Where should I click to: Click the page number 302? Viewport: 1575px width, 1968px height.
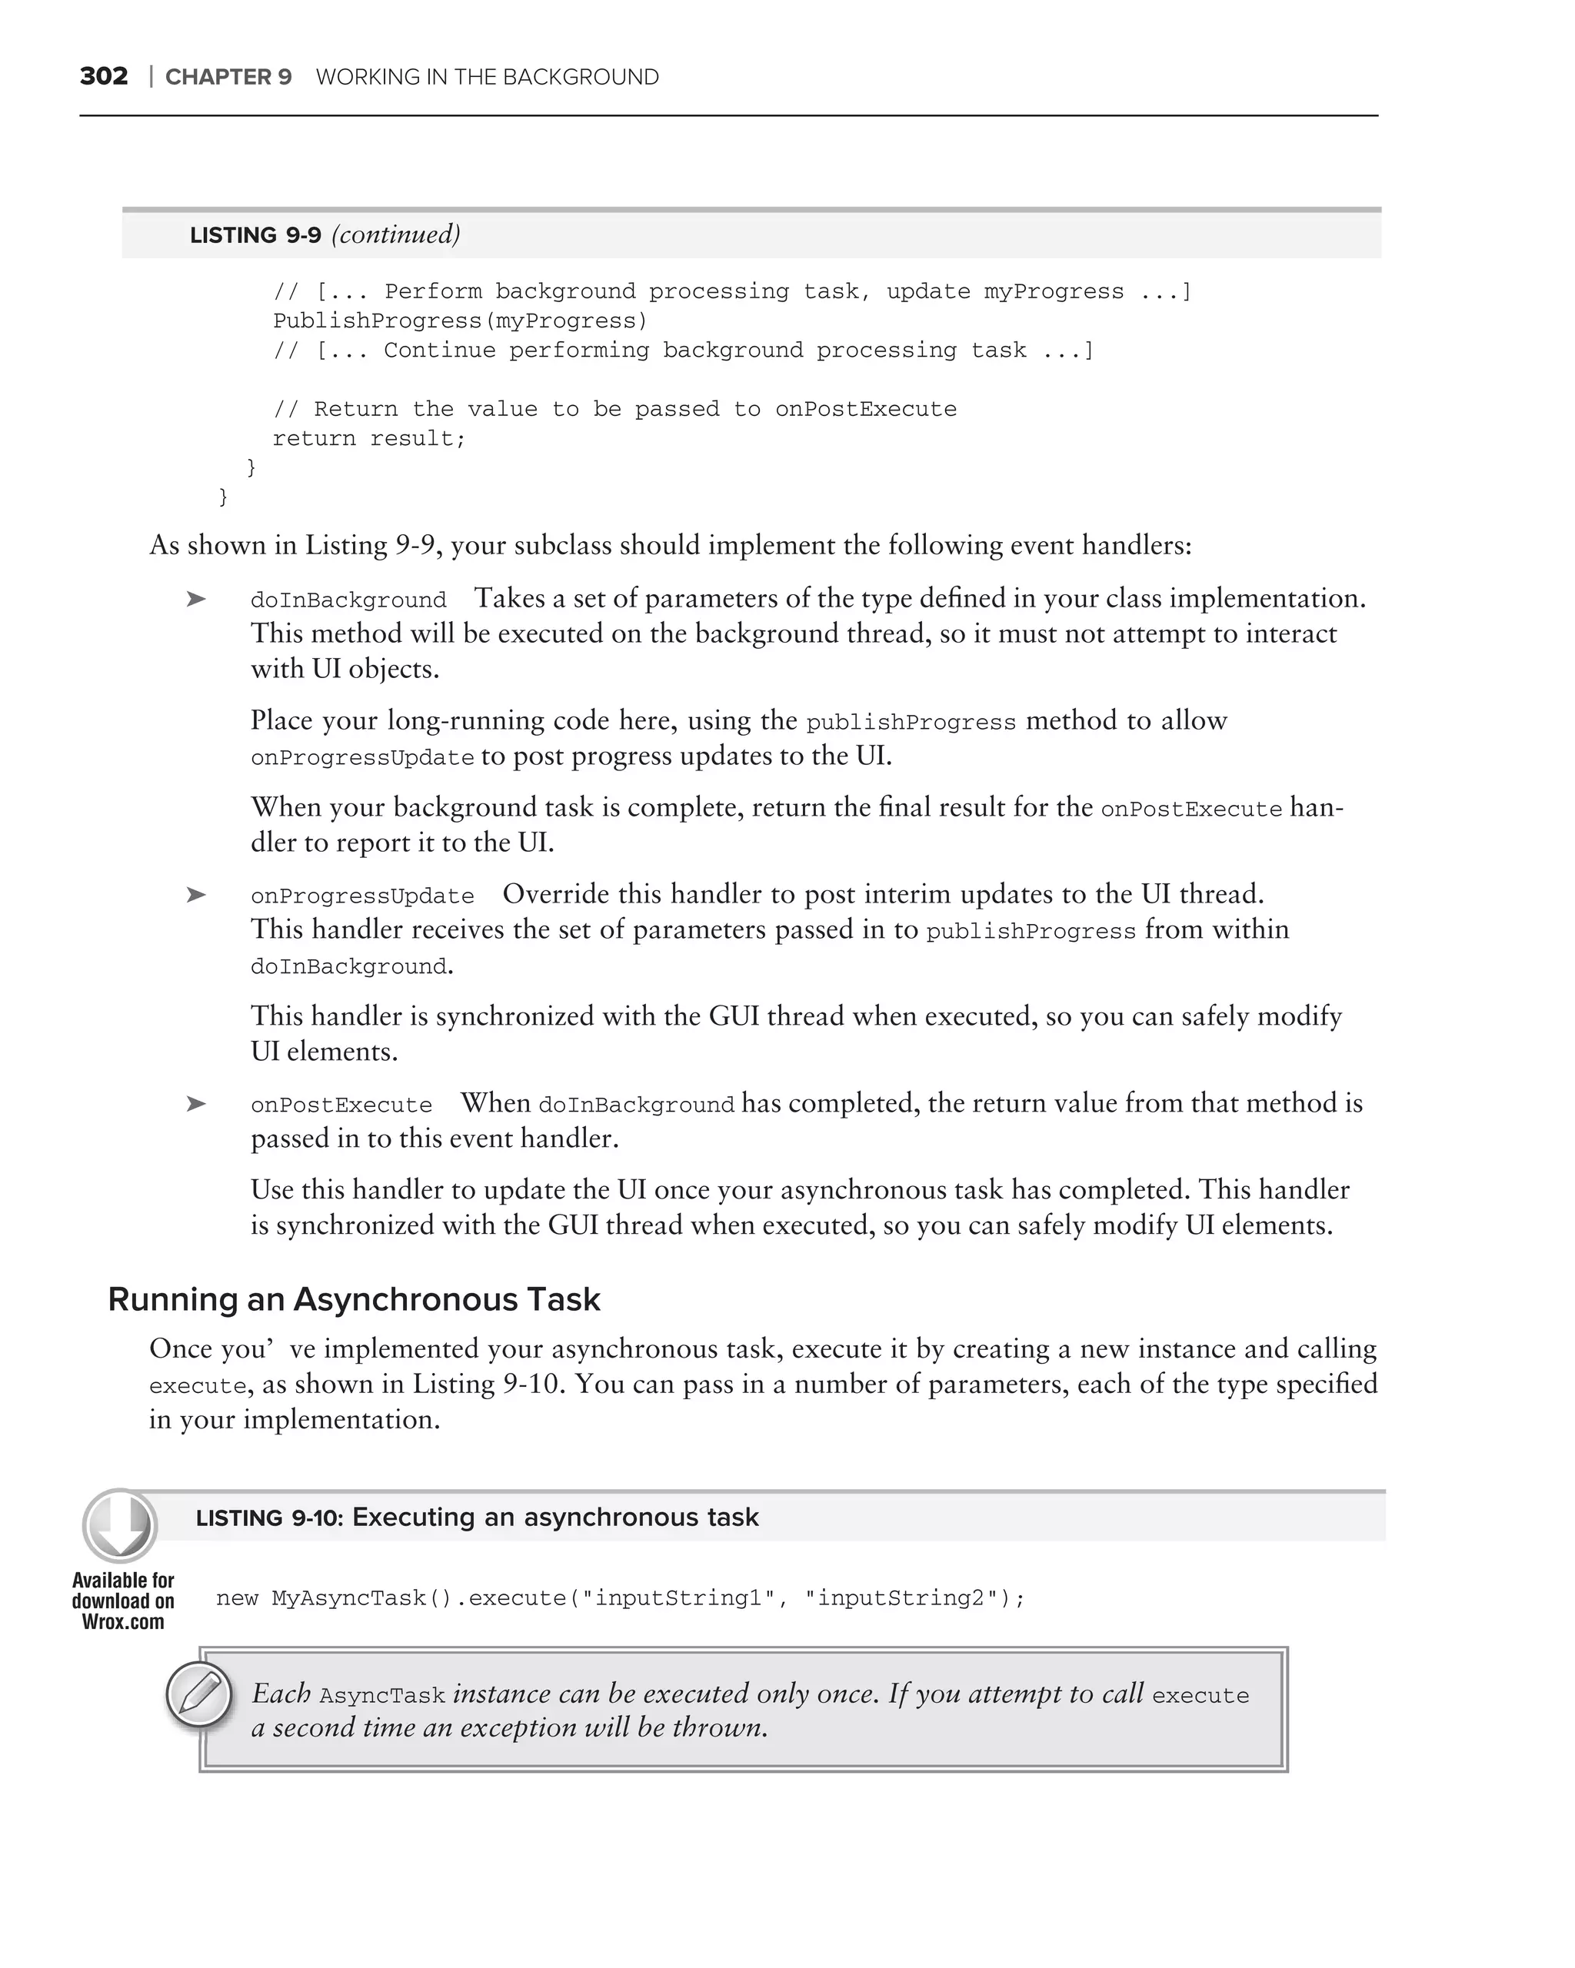(103, 76)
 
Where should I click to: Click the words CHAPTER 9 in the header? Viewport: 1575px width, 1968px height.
(228, 77)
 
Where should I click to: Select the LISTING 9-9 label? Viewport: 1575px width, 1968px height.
(255, 235)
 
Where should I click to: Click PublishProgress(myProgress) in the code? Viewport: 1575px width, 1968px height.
(460, 321)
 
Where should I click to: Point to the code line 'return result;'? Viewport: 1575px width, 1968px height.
(369, 439)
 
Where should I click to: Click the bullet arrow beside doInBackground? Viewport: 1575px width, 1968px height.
(195, 600)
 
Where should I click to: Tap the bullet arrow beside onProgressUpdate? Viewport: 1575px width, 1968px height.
(195, 896)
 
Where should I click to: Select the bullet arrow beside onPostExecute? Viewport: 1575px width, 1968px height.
(195, 1105)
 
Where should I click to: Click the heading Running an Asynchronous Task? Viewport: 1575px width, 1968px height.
(355, 1300)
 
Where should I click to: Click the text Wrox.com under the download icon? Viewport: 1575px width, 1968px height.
(122, 1622)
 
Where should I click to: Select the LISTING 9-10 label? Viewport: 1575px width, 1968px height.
(269, 1518)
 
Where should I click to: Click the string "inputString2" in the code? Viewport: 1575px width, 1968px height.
(902, 1598)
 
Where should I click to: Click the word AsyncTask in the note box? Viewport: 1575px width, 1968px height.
(381, 1696)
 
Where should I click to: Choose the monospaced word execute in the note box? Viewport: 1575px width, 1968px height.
(1200, 1696)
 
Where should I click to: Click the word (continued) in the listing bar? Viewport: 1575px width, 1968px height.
(395, 234)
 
